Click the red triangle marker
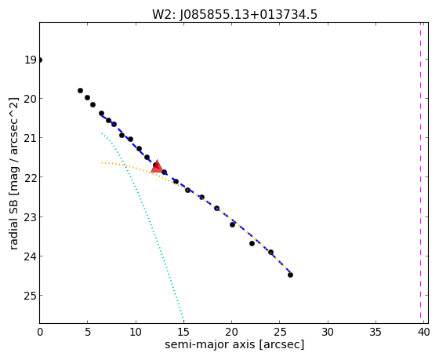tap(157, 166)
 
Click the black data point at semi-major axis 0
tap(39, 60)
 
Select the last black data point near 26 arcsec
tap(290, 275)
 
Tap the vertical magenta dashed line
tap(420, 170)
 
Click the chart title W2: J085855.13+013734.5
tap(234, 14)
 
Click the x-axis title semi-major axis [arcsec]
tap(234, 344)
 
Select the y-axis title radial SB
tap(13, 173)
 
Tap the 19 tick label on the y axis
tap(31, 60)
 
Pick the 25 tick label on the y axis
tap(31, 296)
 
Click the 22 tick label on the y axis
tap(31, 177)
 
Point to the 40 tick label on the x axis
tap(423, 332)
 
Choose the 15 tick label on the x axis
tap(183, 332)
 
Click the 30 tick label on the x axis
tap(328, 332)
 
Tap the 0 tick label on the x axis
tap(40, 332)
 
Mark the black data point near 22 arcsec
tap(252, 243)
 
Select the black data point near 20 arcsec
tap(232, 224)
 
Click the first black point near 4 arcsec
tap(80, 90)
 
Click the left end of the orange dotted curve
tap(102, 162)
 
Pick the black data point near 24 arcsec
tap(270, 252)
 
